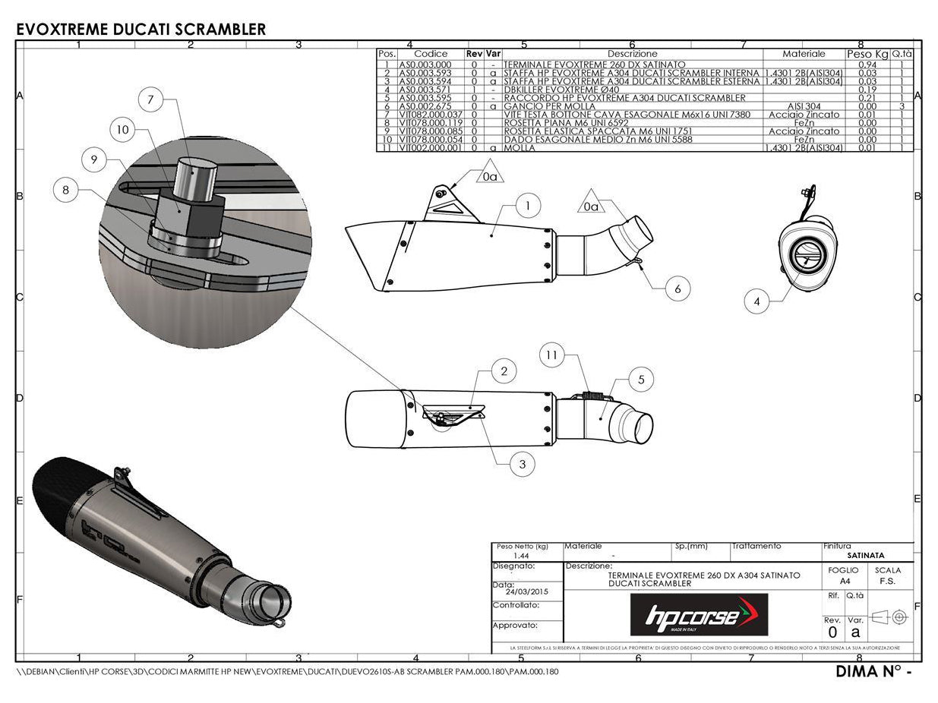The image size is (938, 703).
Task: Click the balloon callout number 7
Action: click(151, 99)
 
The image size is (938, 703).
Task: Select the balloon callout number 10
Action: click(123, 130)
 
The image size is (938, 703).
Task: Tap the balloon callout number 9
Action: click(94, 159)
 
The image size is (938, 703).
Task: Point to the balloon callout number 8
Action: click(66, 190)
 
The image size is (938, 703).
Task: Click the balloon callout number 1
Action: click(527, 205)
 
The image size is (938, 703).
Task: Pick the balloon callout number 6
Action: click(677, 288)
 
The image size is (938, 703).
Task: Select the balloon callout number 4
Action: click(756, 301)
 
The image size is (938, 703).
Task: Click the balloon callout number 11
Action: click(552, 355)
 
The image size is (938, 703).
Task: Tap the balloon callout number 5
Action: click(641, 379)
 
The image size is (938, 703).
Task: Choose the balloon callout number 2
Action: click(504, 371)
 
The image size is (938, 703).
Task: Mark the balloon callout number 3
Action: click(522, 464)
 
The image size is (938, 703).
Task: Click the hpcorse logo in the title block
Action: click(699, 615)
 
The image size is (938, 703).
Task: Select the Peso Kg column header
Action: click(867, 55)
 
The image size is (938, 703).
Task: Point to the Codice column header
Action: click(431, 55)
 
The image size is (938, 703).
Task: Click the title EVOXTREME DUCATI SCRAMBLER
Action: click(141, 30)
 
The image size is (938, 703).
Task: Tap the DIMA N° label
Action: click(873, 672)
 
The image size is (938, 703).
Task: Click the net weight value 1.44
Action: click(521, 556)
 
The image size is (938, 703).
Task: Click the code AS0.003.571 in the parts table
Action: click(425, 90)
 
